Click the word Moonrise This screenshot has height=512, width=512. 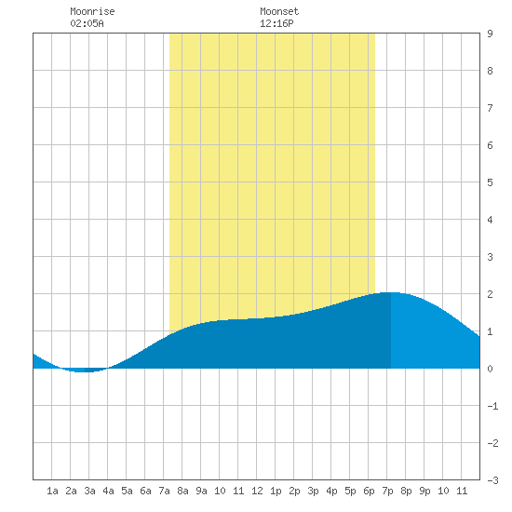(x=92, y=11)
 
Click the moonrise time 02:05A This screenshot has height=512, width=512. (x=87, y=23)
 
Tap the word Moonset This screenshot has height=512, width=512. (x=279, y=11)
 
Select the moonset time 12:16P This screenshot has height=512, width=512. (x=276, y=23)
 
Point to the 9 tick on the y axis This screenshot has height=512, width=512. (x=490, y=34)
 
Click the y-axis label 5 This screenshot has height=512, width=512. (x=490, y=182)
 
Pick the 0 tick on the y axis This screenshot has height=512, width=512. (x=490, y=369)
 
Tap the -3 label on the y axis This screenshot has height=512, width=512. (x=492, y=480)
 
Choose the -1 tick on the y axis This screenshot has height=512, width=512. (x=492, y=406)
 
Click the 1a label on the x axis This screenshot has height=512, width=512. (x=52, y=491)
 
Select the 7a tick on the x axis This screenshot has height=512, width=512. (x=164, y=491)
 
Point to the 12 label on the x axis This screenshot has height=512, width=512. (x=257, y=491)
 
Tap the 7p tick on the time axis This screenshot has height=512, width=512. (x=387, y=491)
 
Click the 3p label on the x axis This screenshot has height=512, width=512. (x=313, y=491)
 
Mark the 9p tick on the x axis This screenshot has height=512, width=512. (x=424, y=491)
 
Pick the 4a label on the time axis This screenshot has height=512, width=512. (x=108, y=491)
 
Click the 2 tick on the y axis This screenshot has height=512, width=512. (x=490, y=294)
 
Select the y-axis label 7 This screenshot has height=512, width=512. (x=490, y=108)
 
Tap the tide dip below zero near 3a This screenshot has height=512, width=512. (x=83, y=371)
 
